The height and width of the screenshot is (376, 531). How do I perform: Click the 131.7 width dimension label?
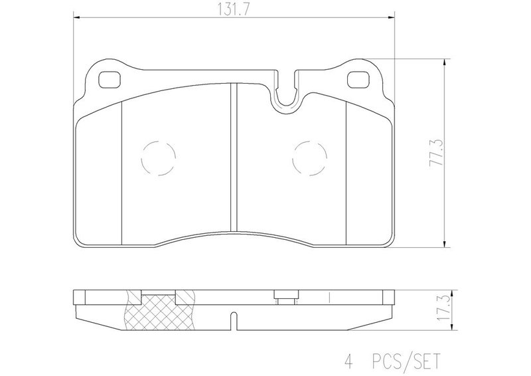point(234,10)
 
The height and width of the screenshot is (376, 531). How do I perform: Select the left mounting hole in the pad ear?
point(110,80)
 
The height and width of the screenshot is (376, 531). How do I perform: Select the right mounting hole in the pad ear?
point(359,80)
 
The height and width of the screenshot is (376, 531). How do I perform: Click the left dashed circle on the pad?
point(159,158)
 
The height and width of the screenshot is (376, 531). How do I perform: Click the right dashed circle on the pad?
point(309,158)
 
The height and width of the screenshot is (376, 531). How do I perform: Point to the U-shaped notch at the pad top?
point(287,102)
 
